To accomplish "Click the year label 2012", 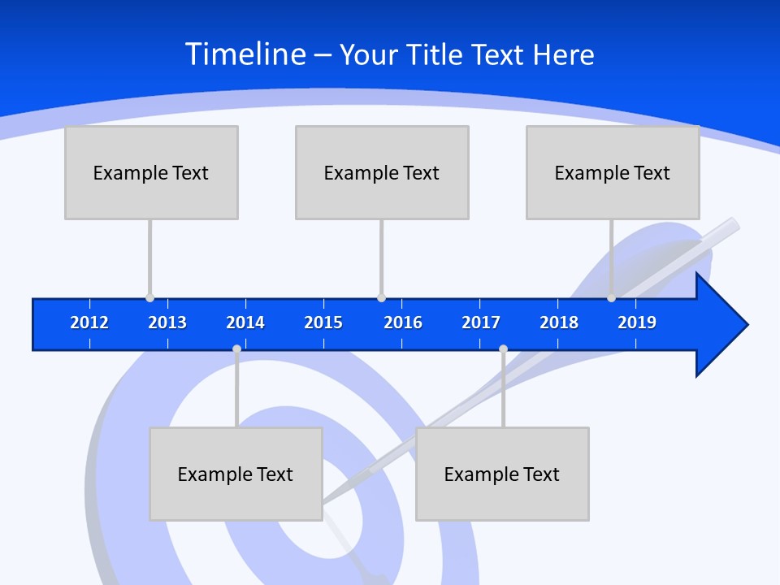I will [x=89, y=323].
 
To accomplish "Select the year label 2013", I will [x=167, y=323].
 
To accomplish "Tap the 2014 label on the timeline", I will [x=245, y=323].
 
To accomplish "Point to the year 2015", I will [x=323, y=323].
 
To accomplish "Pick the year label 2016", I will [x=403, y=323].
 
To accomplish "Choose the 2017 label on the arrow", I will [x=481, y=323].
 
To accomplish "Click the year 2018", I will [x=559, y=323].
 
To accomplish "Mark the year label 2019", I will [x=637, y=323].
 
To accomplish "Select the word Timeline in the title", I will [x=245, y=54].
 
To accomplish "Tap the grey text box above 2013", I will [x=151, y=172].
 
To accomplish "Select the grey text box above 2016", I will [x=382, y=172].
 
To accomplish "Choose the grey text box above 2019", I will [x=613, y=172].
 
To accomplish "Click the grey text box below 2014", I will [x=236, y=474].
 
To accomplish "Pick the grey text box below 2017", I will [x=502, y=474].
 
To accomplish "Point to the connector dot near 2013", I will [x=149, y=298].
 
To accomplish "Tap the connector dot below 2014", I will [x=236, y=349].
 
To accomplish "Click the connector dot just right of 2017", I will [x=503, y=349].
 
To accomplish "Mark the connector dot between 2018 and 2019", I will [x=611, y=298].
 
